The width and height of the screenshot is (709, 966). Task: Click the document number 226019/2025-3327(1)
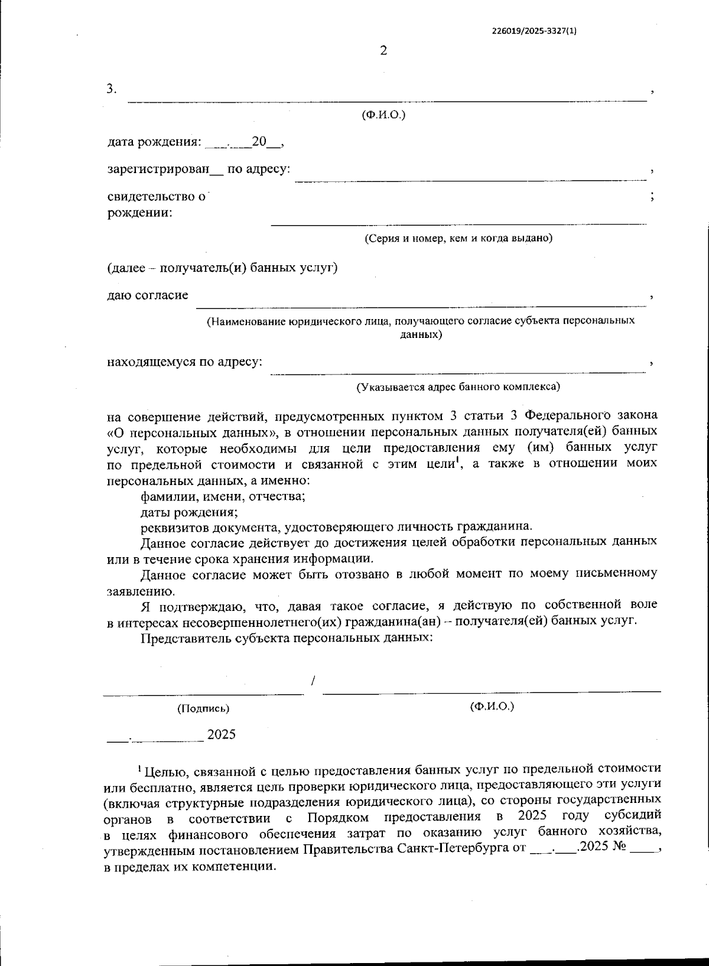[x=534, y=32]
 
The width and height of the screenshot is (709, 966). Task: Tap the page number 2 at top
[x=383, y=51]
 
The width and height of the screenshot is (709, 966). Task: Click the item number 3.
[x=112, y=89]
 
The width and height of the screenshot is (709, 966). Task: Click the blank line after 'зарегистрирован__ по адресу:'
[x=470, y=174]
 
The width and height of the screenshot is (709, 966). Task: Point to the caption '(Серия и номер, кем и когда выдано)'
[x=458, y=238]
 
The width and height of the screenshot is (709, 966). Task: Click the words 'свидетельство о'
[x=157, y=196]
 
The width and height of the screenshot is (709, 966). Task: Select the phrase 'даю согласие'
[x=148, y=295]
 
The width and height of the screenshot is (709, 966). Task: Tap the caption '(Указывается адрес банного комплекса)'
[x=458, y=386]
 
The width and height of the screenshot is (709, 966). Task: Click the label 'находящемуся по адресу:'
[x=184, y=362]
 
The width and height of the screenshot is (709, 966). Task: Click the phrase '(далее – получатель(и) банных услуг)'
[x=222, y=268]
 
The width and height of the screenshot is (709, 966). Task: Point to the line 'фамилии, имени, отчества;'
[x=223, y=496]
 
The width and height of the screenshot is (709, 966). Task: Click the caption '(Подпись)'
[x=203, y=708]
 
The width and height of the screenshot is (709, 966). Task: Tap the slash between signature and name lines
[x=313, y=681]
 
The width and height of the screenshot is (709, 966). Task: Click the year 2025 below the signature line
[x=222, y=734]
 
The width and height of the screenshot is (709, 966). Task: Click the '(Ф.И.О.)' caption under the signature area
[x=492, y=706]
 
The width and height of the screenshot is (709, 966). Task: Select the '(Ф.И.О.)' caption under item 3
[x=383, y=115]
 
